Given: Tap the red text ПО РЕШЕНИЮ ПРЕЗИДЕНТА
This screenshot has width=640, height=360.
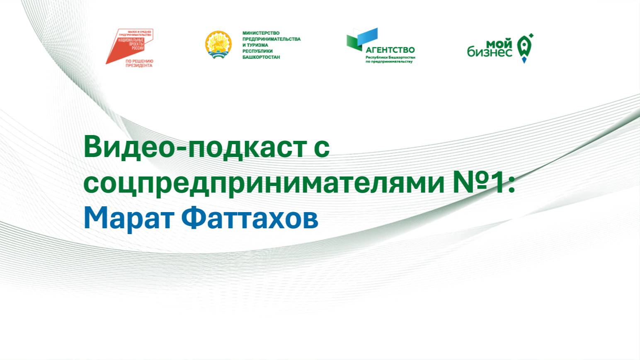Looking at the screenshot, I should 139,63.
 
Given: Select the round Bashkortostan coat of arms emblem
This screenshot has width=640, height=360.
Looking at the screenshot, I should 218,45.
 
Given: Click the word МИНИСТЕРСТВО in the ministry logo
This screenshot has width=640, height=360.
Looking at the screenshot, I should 261,33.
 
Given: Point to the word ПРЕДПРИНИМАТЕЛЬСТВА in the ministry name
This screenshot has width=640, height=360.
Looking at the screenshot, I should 271,39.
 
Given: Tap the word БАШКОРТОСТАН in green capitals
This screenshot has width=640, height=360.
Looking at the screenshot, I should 261,57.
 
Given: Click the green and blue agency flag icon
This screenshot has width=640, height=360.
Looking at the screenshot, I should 361,39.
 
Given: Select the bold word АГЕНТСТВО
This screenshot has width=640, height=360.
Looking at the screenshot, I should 390,50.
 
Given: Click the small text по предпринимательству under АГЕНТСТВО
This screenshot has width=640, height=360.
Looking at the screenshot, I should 389,62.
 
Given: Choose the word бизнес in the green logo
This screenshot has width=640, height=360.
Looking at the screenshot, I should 490,52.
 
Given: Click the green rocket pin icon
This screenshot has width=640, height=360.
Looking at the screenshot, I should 525,47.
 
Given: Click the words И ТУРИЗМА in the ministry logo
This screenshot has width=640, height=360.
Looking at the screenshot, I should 255,45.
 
